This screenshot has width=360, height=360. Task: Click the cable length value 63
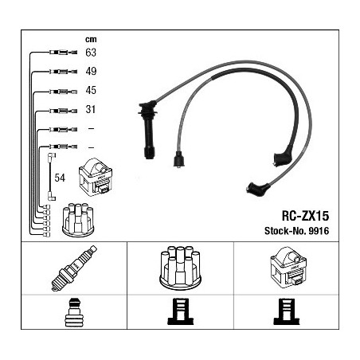91,53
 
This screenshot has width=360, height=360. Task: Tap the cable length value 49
91,71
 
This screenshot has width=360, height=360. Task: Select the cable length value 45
91,90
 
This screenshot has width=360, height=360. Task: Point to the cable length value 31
91,109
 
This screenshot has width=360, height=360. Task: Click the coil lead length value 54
60,178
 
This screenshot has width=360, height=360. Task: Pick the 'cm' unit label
91,39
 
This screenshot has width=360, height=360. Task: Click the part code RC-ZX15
305,216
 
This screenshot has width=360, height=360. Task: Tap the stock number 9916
319,231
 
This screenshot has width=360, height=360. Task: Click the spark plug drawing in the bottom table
74,268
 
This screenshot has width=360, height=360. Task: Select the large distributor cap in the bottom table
180,268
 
